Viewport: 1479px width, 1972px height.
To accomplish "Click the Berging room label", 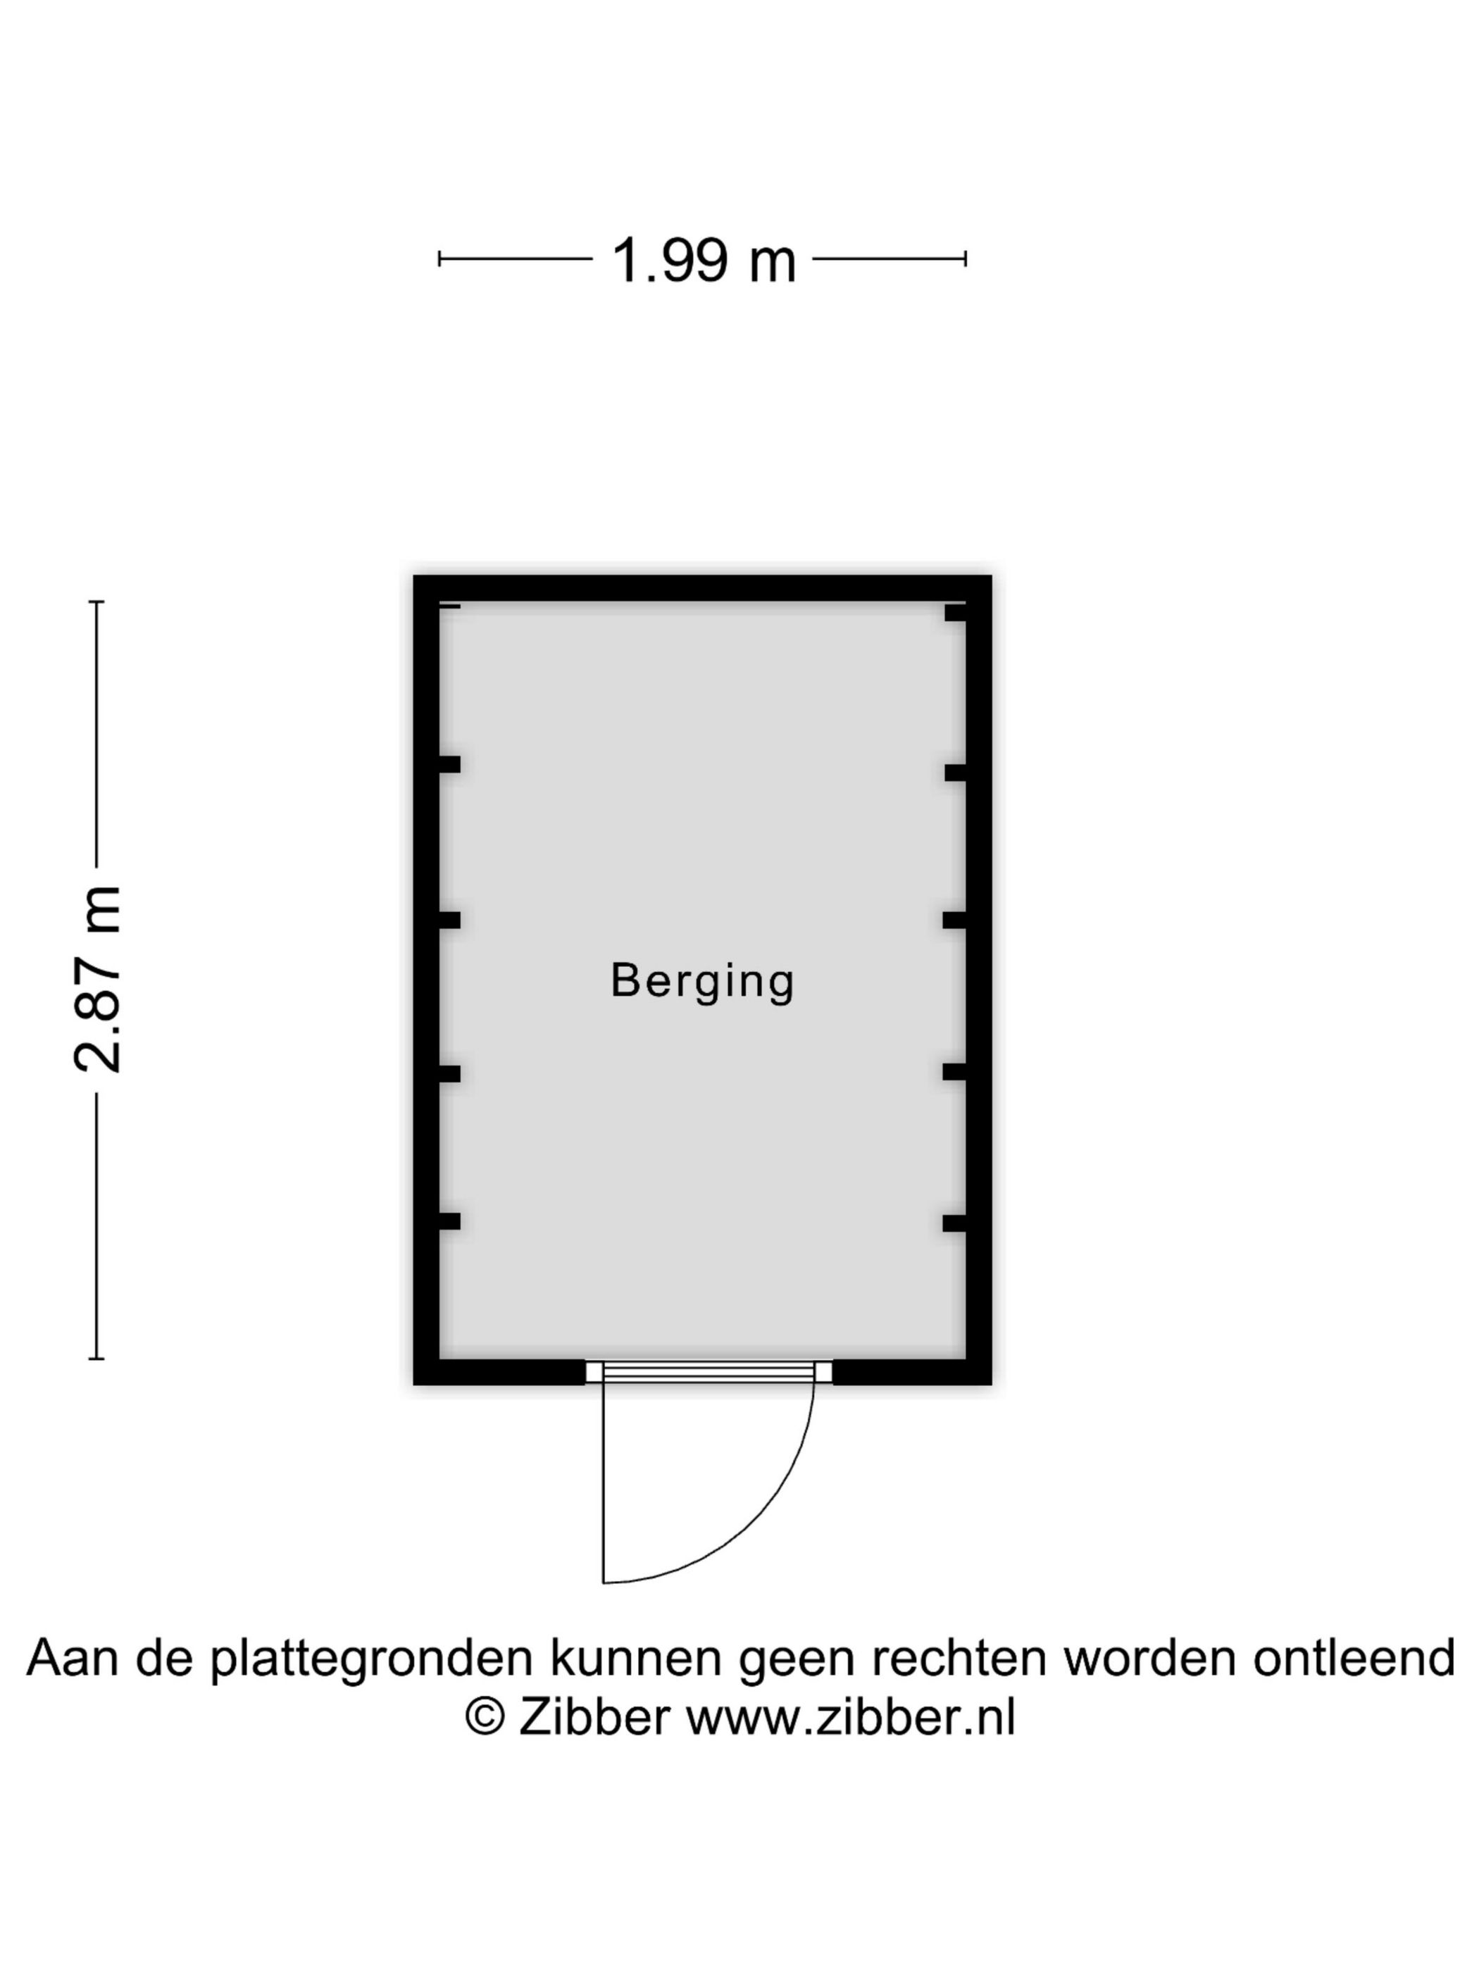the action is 701,982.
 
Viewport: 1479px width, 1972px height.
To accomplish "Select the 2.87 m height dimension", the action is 97,979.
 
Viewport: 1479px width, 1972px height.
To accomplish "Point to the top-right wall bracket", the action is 956,613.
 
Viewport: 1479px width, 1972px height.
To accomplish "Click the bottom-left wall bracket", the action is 449,1221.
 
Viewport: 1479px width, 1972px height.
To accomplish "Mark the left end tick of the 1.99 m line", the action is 439,259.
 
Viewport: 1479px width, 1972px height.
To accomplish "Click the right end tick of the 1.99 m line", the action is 966,259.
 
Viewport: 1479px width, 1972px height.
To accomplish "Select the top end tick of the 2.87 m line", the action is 96,603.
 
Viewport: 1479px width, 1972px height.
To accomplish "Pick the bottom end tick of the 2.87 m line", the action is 96,1359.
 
